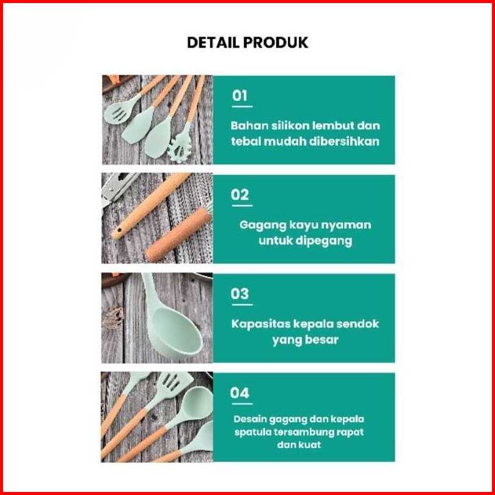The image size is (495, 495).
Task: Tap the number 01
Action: click(240, 95)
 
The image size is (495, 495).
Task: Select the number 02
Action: click(240, 194)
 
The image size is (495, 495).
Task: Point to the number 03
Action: click(240, 293)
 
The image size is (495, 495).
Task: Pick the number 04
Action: click(240, 393)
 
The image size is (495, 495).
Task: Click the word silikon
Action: click(281, 125)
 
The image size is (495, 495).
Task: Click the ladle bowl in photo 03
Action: click(177, 332)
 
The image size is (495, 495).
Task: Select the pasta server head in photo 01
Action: click(180, 149)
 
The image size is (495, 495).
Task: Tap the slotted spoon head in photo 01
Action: click(118, 111)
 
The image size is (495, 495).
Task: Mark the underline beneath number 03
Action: click(242, 305)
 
